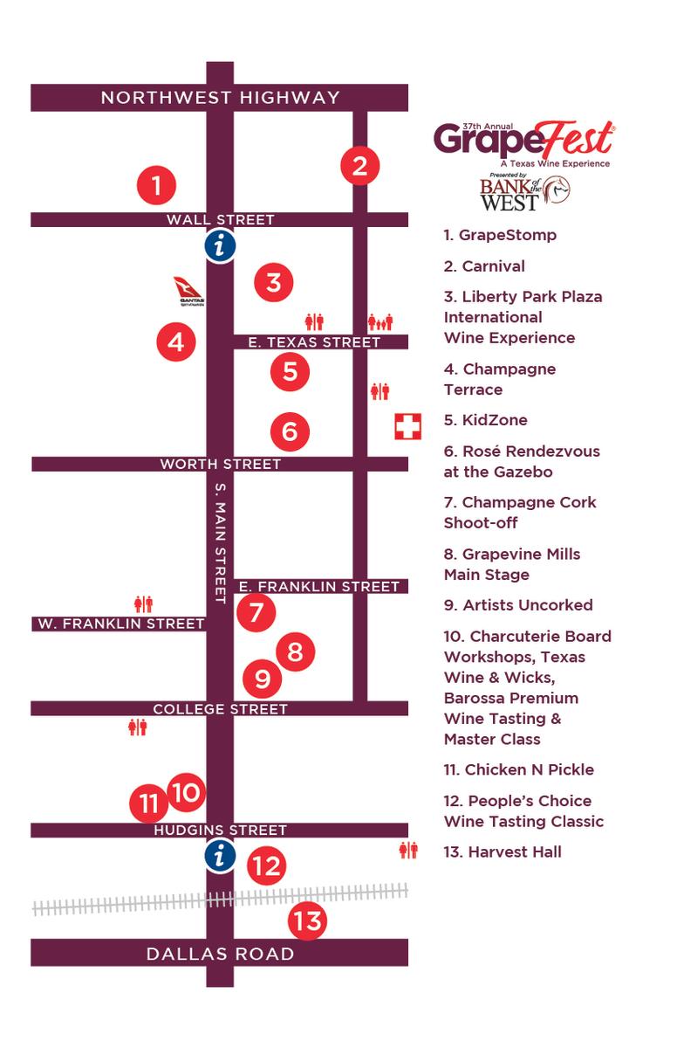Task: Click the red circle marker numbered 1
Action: pos(156,185)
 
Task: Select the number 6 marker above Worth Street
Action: pos(290,431)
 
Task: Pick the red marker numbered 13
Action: pos(307,920)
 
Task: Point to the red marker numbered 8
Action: pos(295,652)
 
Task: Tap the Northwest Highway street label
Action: pos(220,98)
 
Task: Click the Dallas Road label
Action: pos(220,954)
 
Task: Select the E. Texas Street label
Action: pos(314,342)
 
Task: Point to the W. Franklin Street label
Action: pos(120,624)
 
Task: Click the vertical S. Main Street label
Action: pos(221,541)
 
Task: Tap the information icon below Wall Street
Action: pos(220,247)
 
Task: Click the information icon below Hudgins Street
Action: pos(220,856)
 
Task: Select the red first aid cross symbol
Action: pos(407,427)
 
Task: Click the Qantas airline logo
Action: pos(188,292)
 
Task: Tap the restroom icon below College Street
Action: pos(138,727)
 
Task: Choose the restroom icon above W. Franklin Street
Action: pos(143,603)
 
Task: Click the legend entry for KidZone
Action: pos(485,420)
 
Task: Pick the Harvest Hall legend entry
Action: pos(503,851)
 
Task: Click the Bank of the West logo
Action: pos(524,193)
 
